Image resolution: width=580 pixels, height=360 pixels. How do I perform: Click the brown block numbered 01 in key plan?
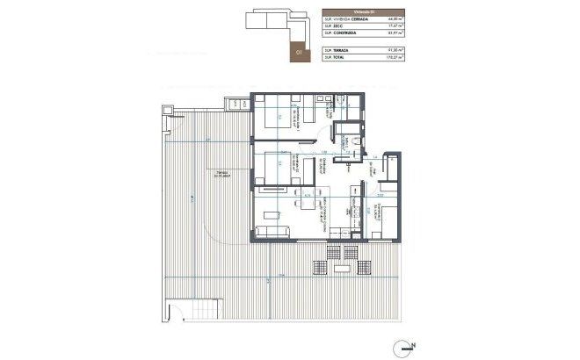[300, 52]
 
